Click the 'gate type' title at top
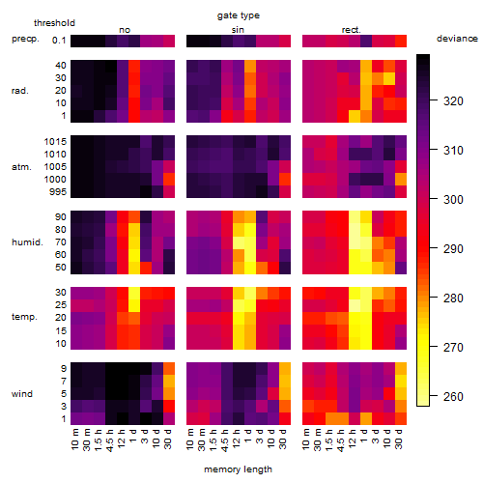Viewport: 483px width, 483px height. pyautogui.click(x=239, y=15)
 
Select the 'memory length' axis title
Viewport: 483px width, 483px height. pyautogui.click(x=238, y=469)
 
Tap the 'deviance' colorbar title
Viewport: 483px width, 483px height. pyautogui.click(x=457, y=39)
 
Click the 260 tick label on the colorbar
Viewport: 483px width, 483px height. pyautogui.click(x=453, y=396)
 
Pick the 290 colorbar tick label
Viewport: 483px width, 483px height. pyautogui.click(x=453, y=248)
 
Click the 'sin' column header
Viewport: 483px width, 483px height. pyautogui.click(x=238, y=30)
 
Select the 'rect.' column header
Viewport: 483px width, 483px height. pyautogui.click(x=352, y=30)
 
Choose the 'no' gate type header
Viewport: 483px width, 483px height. pyautogui.click(x=125, y=30)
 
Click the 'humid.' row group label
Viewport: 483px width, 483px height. pyautogui.click(x=27, y=242)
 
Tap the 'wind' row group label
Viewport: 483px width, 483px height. pyautogui.click(x=22, y=394)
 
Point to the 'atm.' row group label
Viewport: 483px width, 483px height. pyautogui.click(x=21, y=167)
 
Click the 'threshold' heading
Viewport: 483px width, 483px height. pyautogui.click(x=54, y=23)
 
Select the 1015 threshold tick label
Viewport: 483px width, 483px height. pyautogui.click(x=55, y=141)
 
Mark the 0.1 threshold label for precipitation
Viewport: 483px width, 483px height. pyautogui.click(x=59, y=41)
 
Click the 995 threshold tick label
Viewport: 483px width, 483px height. pyautogui.click(x=58, y=192)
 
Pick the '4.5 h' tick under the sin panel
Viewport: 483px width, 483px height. pyautogui.click(x=225, y=440)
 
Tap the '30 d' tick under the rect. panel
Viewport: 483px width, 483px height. pyautogui.click(x=399, y=439)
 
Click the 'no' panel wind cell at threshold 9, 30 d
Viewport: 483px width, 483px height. pyautogui.click(x=169, y=369)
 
